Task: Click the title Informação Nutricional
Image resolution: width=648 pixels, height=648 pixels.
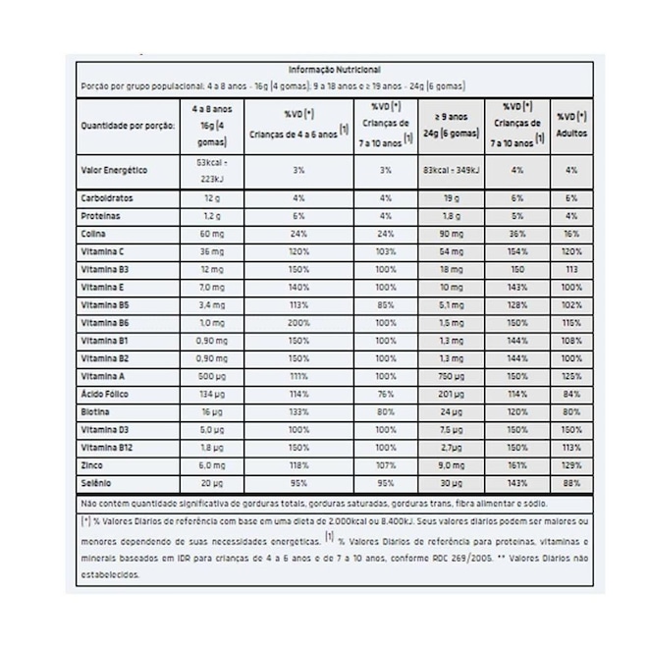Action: [x=334, y=71]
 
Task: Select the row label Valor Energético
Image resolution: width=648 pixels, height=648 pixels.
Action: [x=114, y=170]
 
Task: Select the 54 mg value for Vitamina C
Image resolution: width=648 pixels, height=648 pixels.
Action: [x=451, y=251]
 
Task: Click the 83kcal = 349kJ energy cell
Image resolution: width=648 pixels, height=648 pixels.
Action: [x=451, y=170]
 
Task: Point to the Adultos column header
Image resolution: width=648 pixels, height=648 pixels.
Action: [x=571, y=124]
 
